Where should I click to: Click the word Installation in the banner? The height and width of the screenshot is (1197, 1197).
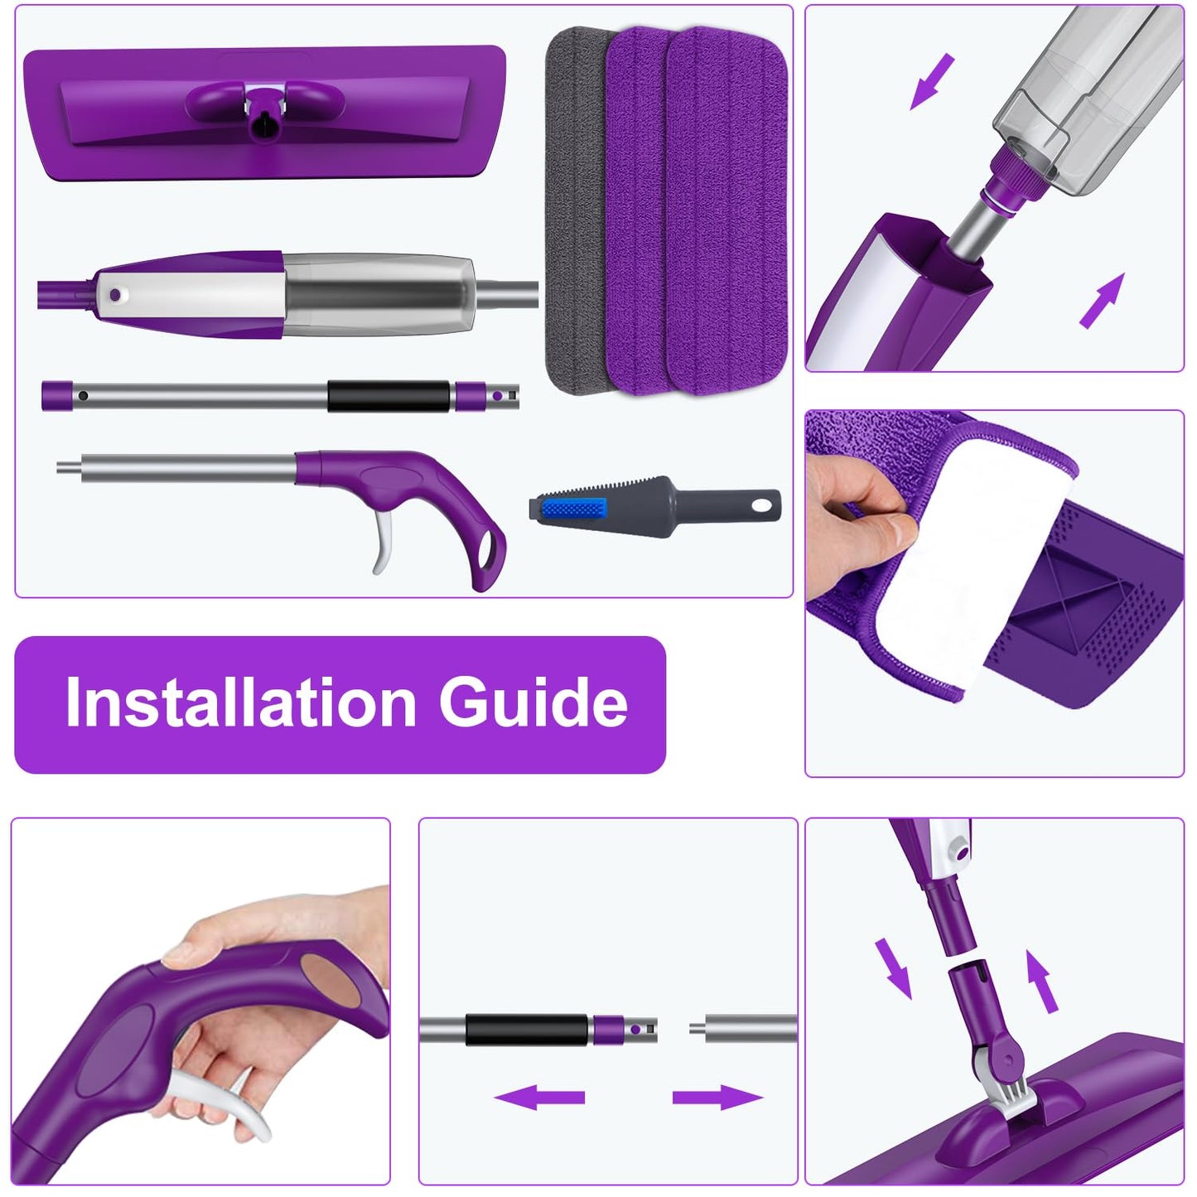tap(240, 702)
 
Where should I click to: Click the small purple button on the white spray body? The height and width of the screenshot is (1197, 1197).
tap(114, 294)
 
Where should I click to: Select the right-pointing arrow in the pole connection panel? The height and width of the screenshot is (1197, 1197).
tap(717, 1098)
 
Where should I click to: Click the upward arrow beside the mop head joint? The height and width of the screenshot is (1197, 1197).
tap(1042, 982)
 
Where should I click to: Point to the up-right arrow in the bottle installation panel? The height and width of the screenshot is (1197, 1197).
tap(1103, 300)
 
